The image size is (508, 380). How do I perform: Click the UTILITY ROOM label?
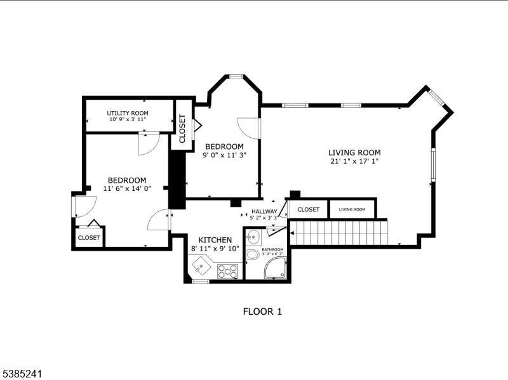(x=128, y=113)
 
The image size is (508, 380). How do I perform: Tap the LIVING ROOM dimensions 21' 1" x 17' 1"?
(x=354, y=161)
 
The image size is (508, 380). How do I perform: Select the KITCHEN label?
(x=215, y=240)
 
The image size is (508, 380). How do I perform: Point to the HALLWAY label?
(x=264, y=211)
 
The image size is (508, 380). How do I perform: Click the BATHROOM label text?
(x=272, y=249)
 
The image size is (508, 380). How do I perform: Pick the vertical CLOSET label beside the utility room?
(x=182, y=129)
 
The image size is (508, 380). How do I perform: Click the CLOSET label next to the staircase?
(x=308, y=209)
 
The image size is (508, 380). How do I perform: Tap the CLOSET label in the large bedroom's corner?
(x=89, y=238)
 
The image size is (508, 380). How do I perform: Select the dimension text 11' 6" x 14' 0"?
(x=128, y=188)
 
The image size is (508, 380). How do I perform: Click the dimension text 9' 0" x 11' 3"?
(x=225, y=155)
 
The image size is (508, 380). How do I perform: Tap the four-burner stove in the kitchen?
(x=227, y=272)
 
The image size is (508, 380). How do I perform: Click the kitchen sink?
(x=201, y=266)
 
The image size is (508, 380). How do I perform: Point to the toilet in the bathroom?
(x=251, y=255)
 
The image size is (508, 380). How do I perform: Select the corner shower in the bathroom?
(x=275, y=268)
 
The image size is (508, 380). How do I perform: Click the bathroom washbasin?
(x=253, y=237)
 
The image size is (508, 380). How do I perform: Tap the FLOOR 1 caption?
(x=262, y=311)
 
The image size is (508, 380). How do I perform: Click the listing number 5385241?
(x=21, y=374)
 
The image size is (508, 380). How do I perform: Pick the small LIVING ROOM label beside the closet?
(x=352, y=209)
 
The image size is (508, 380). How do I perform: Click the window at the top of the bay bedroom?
(x=236, y=76)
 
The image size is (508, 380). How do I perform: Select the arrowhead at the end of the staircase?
(x=292, y=233)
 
